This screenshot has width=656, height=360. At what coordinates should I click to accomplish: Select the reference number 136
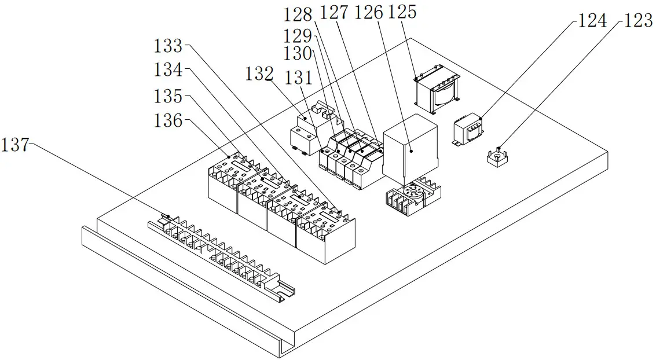168,121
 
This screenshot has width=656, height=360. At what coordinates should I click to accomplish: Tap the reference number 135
168,95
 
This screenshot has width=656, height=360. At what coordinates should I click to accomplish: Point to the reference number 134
168,70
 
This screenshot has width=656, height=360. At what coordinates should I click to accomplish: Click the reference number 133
168,45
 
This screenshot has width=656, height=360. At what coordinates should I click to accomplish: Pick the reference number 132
259,74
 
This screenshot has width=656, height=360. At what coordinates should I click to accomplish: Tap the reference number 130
298,53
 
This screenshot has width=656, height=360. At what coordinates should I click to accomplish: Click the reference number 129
298,35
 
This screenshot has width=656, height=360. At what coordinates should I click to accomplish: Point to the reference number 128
298,14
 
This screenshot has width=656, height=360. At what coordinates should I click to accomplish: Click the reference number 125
402,12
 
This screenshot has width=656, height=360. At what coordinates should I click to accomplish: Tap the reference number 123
638,21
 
